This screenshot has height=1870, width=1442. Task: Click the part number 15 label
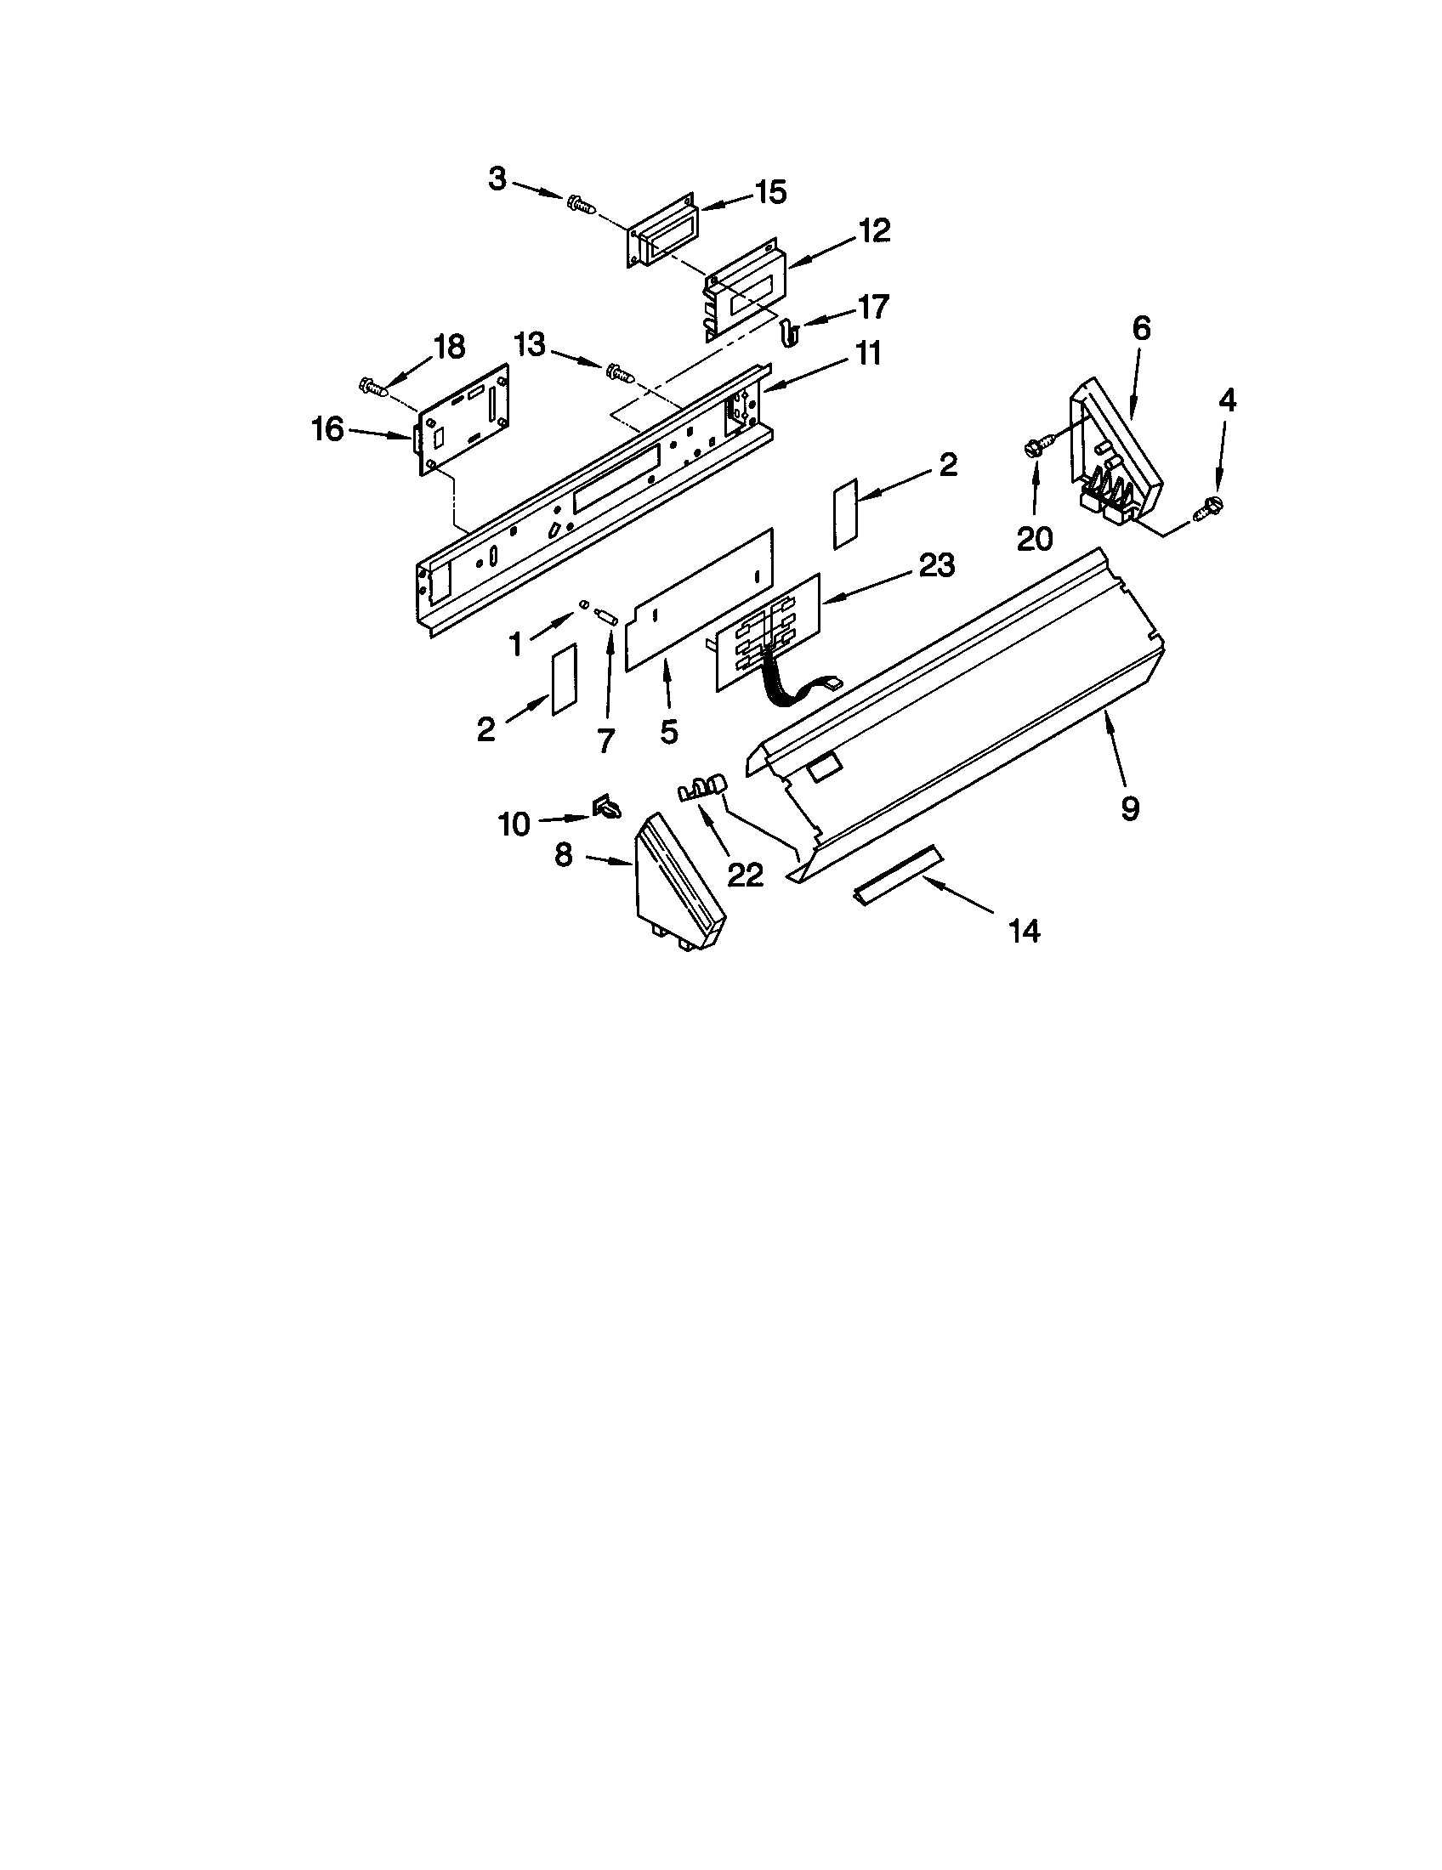click(x=770, y=194)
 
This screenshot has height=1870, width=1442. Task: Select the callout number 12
click(x=874, y=231)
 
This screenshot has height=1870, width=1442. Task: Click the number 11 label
click(x=868, y=354)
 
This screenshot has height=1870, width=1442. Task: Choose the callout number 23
click(x=936, y=565)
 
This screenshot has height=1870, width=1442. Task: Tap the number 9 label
click(x=1129, y=807)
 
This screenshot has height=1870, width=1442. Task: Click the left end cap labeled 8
click(x=676, y=882)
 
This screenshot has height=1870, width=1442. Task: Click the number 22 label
click(x=744, y=874)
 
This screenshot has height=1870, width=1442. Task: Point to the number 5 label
click(x=669, y=732)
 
